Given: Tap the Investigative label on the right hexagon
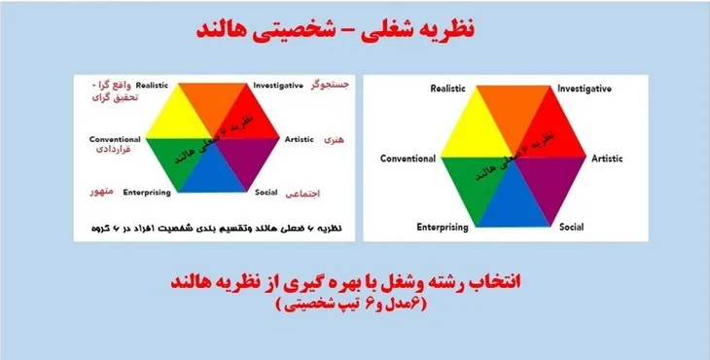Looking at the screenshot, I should pos(585,90).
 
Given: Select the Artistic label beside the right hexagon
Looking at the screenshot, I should pos(607,157).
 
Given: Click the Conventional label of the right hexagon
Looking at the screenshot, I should pos(408,158).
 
